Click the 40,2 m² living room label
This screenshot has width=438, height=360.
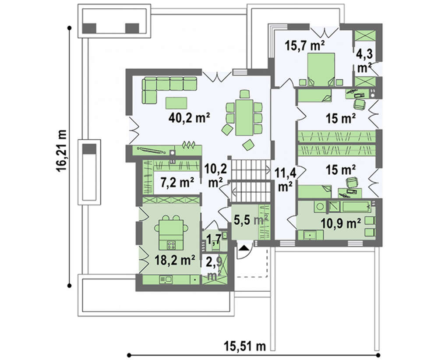point(189,118)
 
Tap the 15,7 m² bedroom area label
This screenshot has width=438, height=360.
point(304,46)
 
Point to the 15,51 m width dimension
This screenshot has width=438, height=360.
point(245,346)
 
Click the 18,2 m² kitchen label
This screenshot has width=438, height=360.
point(175,260)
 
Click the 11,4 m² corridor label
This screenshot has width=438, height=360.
point(285,179)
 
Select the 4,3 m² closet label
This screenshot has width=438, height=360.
point(364,60)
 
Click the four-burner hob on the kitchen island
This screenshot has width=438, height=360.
point(171,246)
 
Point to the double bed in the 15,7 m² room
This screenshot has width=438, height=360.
point(321,69)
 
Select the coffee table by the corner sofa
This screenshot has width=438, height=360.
point(176,103)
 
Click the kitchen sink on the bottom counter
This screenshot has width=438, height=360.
point(166,279)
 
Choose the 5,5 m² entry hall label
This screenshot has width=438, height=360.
point(251,220)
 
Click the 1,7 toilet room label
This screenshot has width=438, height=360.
point(214,240)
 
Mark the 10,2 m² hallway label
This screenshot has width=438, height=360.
point(215,175)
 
